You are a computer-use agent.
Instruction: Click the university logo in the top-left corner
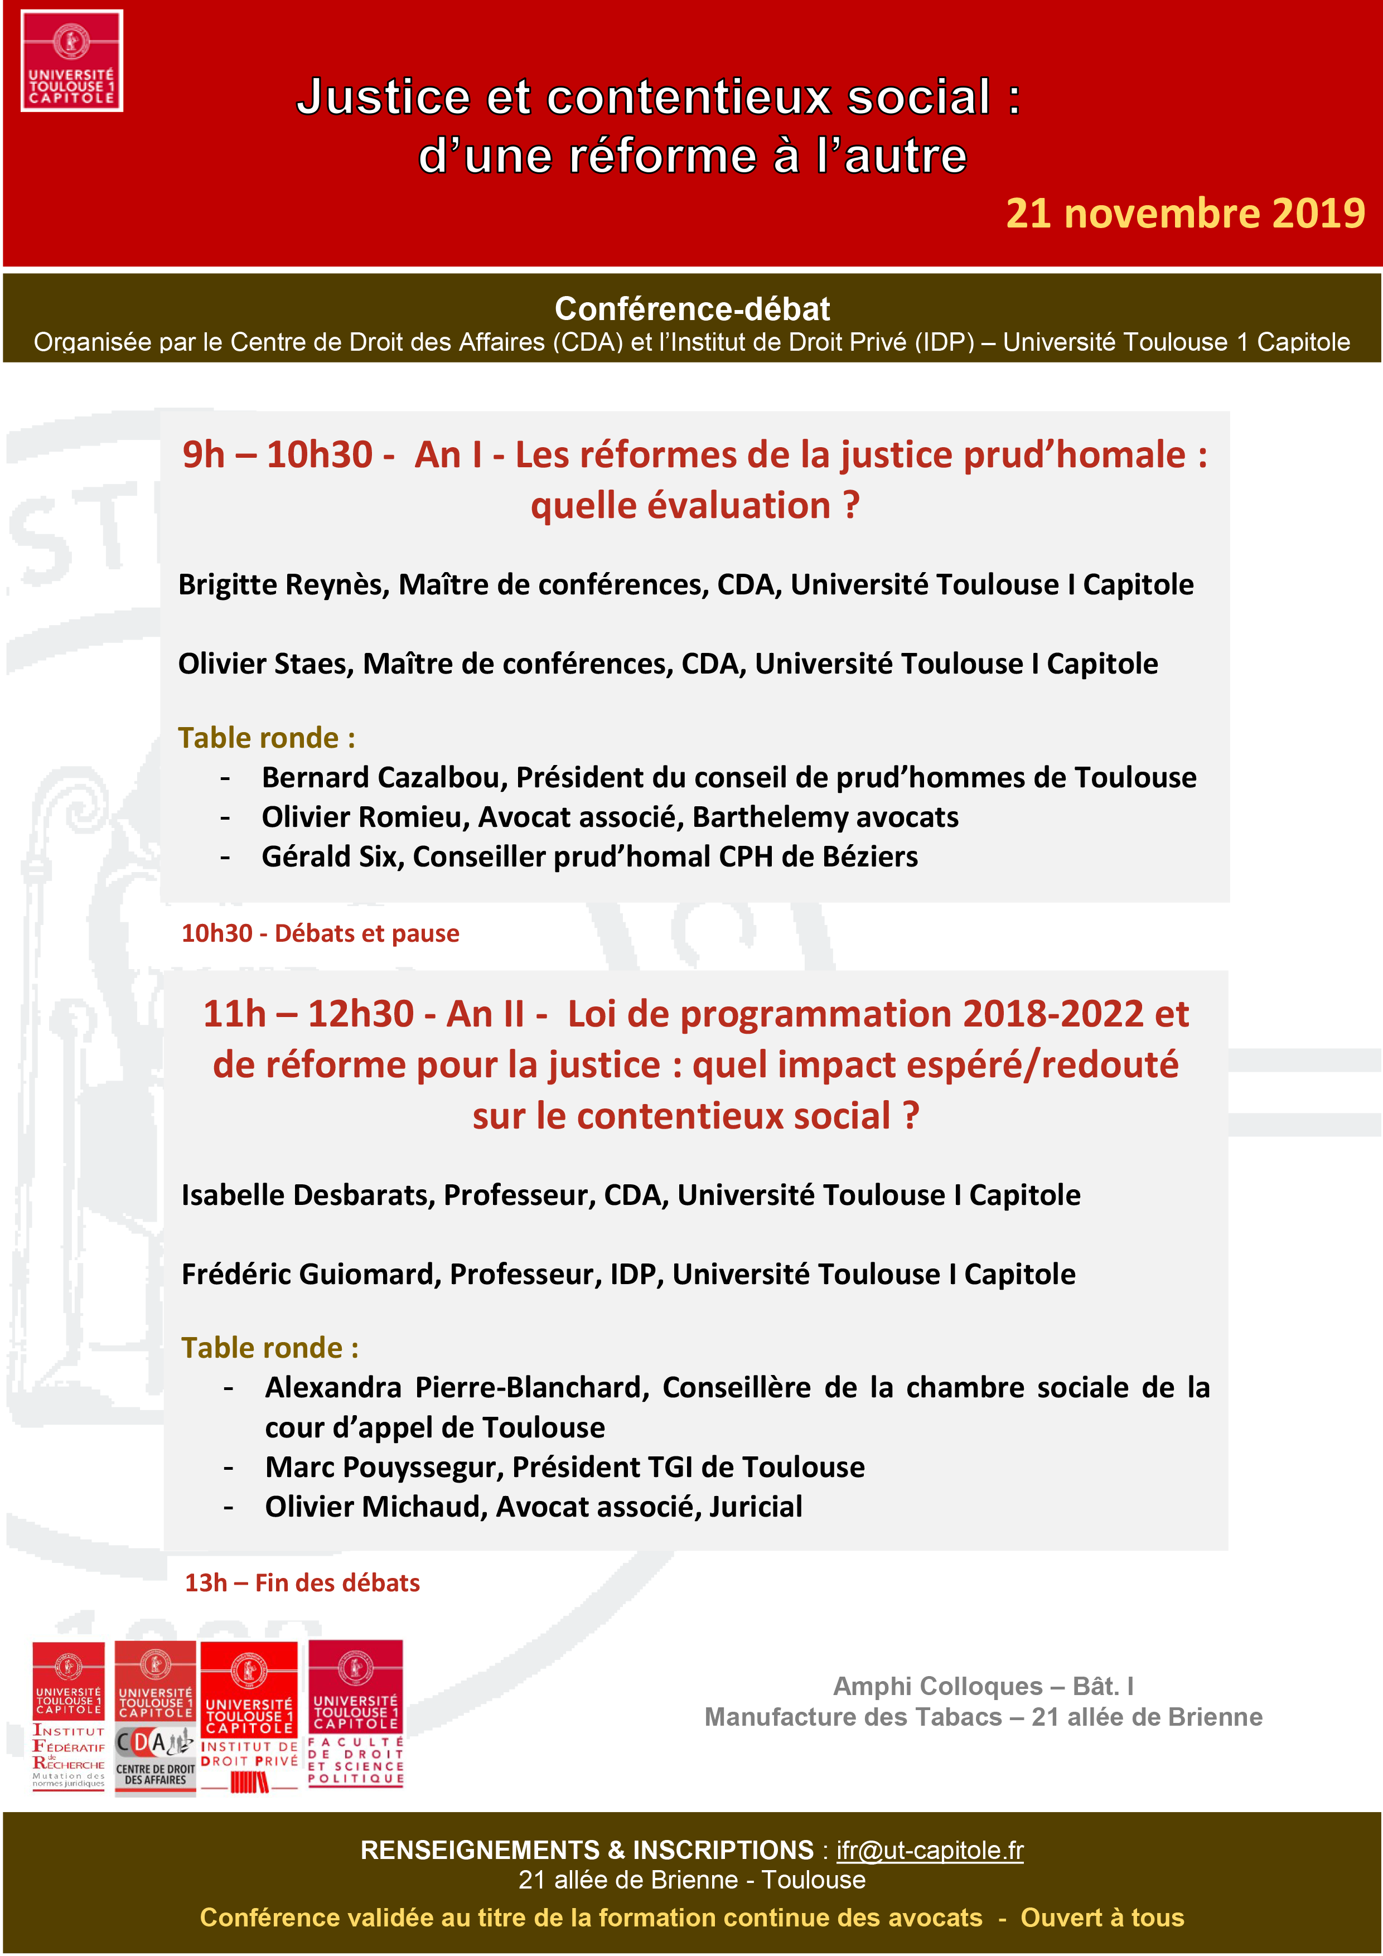pos(71,60)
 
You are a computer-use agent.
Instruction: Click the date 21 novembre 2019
pos(1184,213)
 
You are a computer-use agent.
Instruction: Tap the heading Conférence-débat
pos(692,308)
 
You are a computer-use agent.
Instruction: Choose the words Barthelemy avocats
pos(825,817)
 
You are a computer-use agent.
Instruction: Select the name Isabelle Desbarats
pos(308,1194)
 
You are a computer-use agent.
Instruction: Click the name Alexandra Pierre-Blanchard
pos(457,1387)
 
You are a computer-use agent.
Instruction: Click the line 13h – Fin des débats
pos(302,1582)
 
